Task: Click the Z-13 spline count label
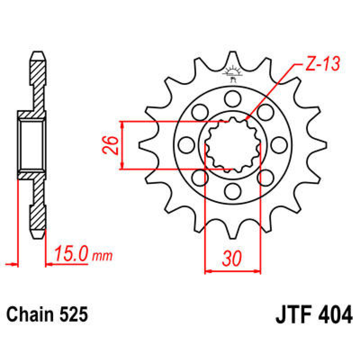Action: pyautogui.click(x=322, y=64)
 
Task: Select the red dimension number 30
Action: pyautogui.click(x=232, y=258)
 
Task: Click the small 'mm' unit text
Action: pyautogui.click(x=102, y=256)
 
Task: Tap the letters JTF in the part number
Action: pyautogui.click(x=293, y=315)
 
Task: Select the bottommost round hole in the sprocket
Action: pyautogui.click(x=233, y=191)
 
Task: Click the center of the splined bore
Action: pyautogui.click(x=232, y=145)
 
